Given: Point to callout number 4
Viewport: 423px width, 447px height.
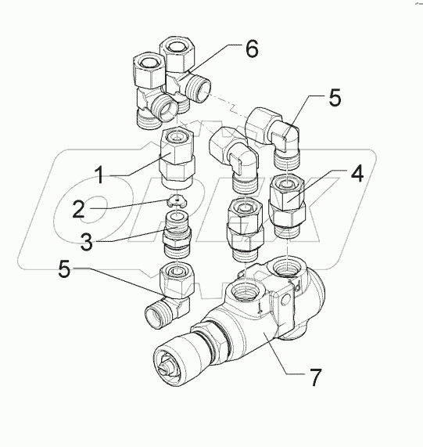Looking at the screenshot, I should tap(356, 174).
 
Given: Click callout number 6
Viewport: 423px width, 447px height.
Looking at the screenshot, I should tap(250, 49).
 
